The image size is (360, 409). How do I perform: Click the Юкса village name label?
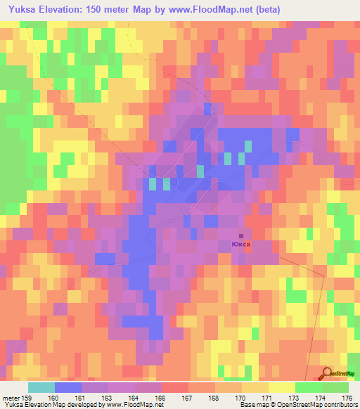pyautogui.click(x=240, y=245)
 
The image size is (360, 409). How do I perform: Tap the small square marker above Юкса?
pyautogui.click(x=241, y=236)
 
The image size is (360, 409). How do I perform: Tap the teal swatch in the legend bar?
pyautogui.click(x=41, y=387)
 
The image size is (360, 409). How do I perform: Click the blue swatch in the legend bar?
pyautogui.click(x=68, y=387)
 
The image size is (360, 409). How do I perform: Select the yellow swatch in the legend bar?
pyautogui.click(x=282, y=387)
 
